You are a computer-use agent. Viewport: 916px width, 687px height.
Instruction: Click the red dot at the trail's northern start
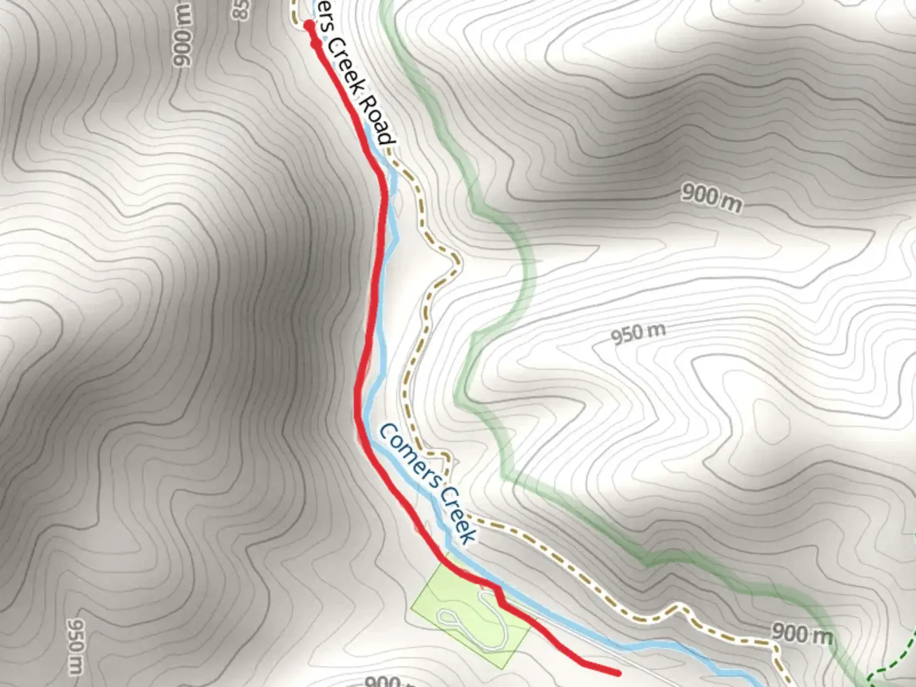point(309,25)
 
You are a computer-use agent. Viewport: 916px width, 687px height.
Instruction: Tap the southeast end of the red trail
point(617,671)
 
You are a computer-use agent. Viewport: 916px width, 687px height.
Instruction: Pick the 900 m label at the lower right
point(801,634)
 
